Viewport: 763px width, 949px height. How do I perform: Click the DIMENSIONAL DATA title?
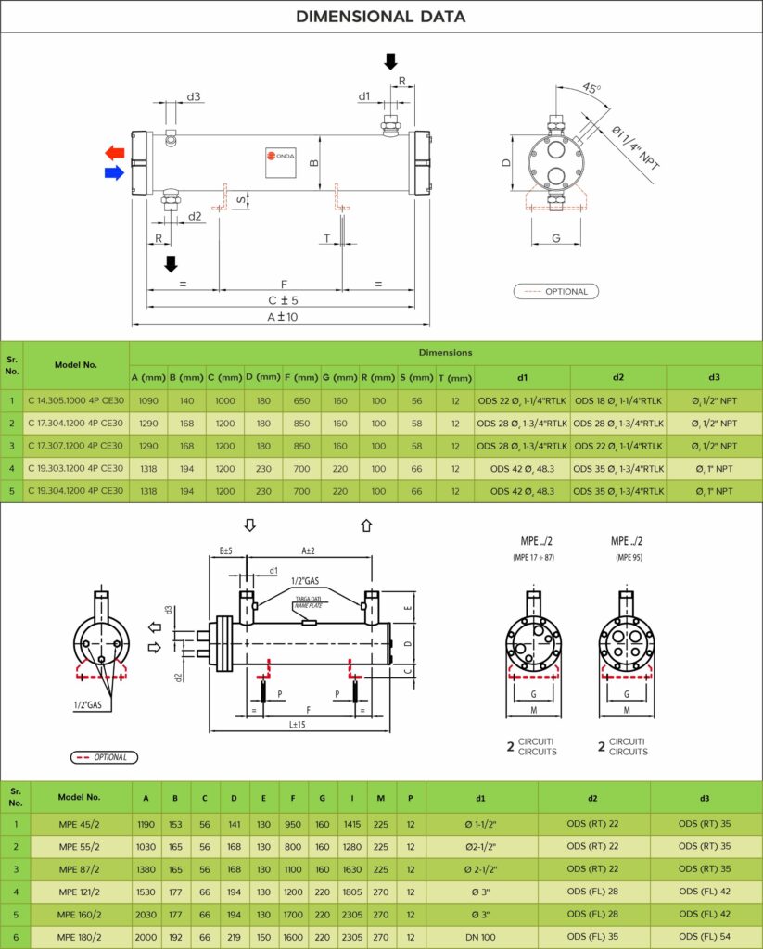pos(381,17)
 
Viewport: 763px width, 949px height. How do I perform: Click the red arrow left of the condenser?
pos(115,152)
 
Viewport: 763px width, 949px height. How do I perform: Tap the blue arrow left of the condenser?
pos(115,172)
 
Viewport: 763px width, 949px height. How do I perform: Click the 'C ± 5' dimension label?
pos(283,300)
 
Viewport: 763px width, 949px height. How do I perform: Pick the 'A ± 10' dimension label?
pos(281,317)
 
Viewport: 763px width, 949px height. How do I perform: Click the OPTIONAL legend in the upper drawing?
pos(556,291)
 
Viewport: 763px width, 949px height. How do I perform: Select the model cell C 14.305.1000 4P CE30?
pos(75,401)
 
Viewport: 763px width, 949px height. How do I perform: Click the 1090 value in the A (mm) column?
pos(148,401)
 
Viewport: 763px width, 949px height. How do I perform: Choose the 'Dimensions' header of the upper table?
pos(445,352)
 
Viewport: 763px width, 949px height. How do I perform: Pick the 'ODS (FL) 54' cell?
pos(705,937)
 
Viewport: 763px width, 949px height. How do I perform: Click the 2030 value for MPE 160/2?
pos(146,915)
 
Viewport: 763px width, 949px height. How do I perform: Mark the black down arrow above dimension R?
pos(390,61)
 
